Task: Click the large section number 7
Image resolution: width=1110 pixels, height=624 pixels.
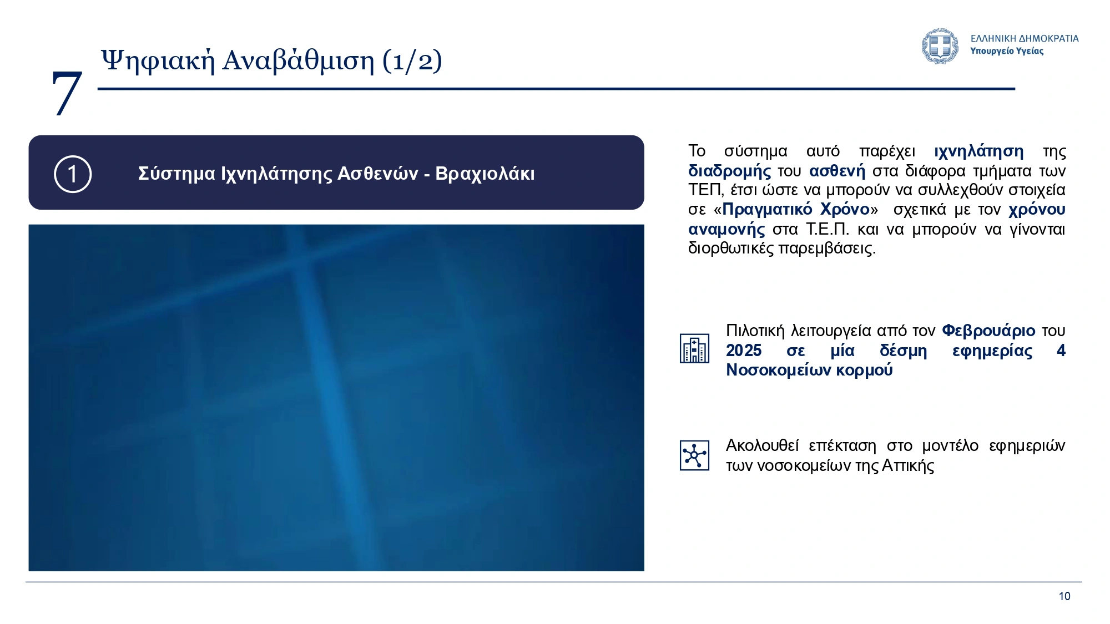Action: (x=67, y=93)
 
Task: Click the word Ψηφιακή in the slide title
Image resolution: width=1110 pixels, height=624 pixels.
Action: (x=158, y=60)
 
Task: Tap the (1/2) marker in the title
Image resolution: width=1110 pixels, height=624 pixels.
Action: (x=412, y=60)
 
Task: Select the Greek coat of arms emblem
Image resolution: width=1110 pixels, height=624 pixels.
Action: (x=940, y=46)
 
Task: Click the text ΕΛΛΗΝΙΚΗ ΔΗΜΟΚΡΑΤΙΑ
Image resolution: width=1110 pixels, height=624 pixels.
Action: (x=1025, y=38)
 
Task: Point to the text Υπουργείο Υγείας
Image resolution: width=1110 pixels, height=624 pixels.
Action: (x=1007, y=51)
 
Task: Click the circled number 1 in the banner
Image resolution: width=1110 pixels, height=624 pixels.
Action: (x=73, y=174)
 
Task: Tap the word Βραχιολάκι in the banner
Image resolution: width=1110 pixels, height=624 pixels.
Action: (x=485, y=174)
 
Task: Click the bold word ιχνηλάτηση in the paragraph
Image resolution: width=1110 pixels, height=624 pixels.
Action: (x=979, y=151)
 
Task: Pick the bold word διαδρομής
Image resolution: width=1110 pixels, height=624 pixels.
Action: (x=729, y=171)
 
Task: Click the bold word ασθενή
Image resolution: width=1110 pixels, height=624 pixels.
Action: (x=837, y=170)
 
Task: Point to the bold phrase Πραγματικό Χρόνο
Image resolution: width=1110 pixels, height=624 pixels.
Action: (x=796, y=209)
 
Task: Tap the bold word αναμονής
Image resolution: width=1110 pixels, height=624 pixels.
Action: (x=726, y=229)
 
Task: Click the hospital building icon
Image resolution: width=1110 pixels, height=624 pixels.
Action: (x=694, y=348)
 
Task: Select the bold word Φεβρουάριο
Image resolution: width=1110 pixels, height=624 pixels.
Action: (x=988, y=331)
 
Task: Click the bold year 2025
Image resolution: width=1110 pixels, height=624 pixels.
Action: (x=744, y=351)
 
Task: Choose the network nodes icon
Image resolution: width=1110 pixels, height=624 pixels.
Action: (x=694, y=455)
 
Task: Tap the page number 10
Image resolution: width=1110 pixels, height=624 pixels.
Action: (x=1064, y=596)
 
